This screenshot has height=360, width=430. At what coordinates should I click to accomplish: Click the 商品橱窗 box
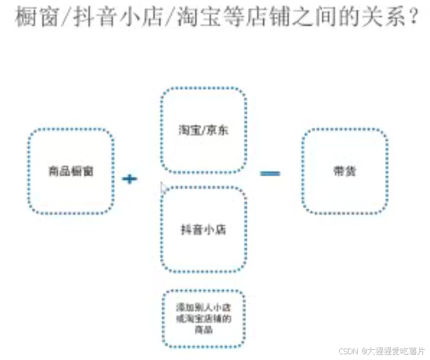(x=71, y=171)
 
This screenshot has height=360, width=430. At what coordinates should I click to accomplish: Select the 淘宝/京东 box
(x=203, y=130)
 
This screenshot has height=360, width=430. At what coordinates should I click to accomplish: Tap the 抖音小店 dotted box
(x=203, y=229)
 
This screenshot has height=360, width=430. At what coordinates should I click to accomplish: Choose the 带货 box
(x=345, y=171)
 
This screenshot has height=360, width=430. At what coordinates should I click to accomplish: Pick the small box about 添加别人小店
(x=203, y=318)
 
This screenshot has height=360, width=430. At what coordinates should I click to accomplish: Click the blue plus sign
(x=130, y=179)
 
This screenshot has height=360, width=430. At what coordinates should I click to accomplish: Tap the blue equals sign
(x=270, y=173)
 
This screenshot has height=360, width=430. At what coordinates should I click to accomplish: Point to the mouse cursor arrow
(x=163, y=188)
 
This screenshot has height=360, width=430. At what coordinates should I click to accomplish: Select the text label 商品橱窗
(x=71, y=171)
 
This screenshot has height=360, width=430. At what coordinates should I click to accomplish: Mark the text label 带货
(x=345, y=171)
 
